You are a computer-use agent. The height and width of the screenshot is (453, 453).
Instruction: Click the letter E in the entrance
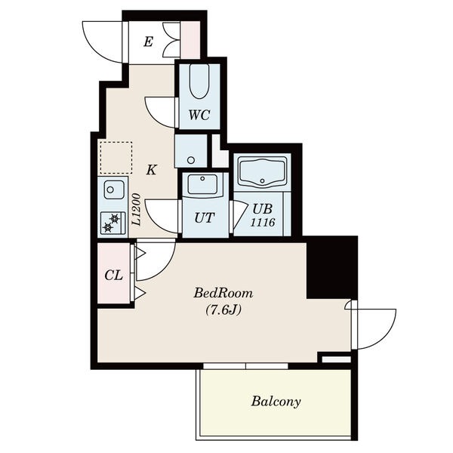pos(148,42)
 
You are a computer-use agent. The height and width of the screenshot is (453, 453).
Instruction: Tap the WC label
pos(199,115)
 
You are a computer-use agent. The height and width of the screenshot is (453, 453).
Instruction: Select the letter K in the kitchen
pos(151,170)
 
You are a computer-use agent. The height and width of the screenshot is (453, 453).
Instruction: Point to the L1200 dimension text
pos(137,209)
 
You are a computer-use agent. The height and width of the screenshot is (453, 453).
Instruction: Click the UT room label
pos(205,218)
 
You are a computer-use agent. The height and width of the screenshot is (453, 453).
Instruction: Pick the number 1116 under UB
pos(262,223)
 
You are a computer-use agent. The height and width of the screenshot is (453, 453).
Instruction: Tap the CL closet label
pos(114,276)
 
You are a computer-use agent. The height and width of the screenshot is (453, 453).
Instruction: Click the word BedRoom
pos(223,293)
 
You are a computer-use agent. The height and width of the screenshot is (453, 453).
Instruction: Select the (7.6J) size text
pos(223,310)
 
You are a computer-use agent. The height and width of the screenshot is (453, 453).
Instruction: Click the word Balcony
pos(276,402)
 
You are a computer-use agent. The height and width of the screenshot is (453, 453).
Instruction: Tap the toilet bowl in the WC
pos(199,82)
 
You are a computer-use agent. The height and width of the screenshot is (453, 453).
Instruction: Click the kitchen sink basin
pos(114,190)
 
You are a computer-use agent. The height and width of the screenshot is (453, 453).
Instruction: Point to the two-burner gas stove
pos(113,223)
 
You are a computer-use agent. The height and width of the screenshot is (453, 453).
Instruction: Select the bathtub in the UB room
pos(262,172)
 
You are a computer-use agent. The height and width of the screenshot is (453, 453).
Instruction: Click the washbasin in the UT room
pos(202,183)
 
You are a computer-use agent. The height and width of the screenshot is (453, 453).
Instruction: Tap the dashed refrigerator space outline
pos(116,158)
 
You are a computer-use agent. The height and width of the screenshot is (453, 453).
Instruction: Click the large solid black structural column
pos(332,267)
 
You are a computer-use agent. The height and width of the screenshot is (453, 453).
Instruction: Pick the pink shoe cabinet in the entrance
pos(190,39)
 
